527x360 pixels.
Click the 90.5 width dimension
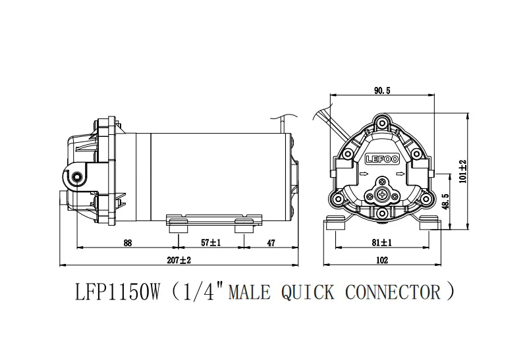click(x=381, y=91)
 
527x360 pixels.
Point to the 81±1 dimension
click(x=381, y=243)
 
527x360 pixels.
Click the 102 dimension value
click(x=381, y=260)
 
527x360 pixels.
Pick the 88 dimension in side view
click(x=128, y=243)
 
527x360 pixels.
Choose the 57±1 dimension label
click(x=211, y=243)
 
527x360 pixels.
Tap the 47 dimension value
click(x=270, y=243)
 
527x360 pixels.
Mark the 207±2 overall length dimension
click(x=178, y=260)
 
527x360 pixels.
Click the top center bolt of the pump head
click(x=381, y=121)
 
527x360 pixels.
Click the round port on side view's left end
click(x=78, y=176)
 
